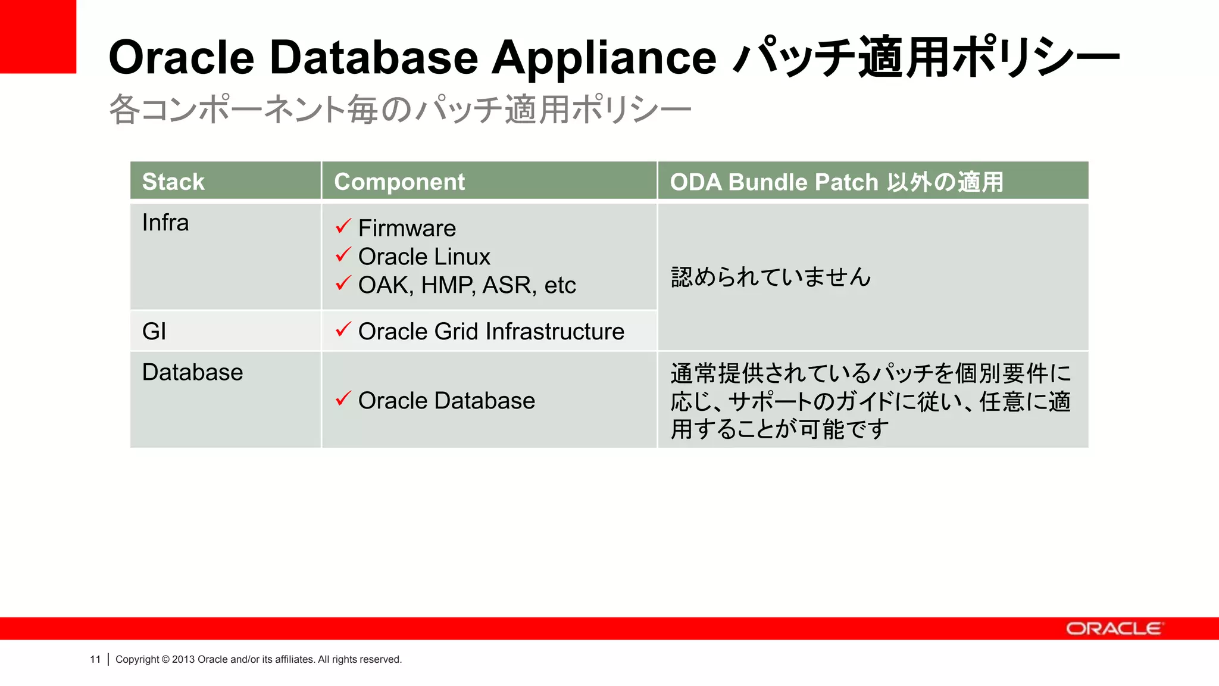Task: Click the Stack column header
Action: [x=173, y=182]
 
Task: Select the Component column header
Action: [x=399, y=182]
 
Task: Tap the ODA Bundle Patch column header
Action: [x=836, y=182]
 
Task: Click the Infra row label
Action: [x=165, y=223]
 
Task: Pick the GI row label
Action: [x=154, y=331]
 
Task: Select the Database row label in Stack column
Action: [x=192, y=372]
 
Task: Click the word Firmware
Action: [x=407, y=228]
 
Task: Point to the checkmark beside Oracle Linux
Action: [x=343, y=255]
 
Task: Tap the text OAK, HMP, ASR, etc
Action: [x=467, y=285]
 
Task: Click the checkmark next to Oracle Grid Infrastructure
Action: [x=343, y=329]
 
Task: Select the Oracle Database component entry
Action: [x=446, y=400]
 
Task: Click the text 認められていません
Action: [x=771, y=277]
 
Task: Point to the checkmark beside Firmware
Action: [x=343, y=226]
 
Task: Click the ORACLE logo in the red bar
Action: [x=1113, y=629]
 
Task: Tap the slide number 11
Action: [x=95, y=659]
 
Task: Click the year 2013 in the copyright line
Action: [x=183, y=659]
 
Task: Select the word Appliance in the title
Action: [x=604, y=58]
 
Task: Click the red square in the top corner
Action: [x=37, y=36]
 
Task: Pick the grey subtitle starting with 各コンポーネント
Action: [x=399, y=110]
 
